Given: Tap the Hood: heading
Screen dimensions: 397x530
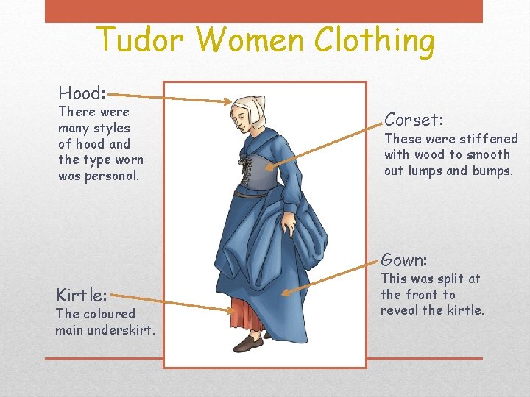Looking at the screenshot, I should click(x=82, y=93).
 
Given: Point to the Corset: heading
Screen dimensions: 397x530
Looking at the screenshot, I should click(x=414, y=120).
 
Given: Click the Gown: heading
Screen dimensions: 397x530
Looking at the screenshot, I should click(x=404, y=260).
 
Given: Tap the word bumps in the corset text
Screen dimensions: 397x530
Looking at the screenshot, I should click(x=491, y=171).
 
